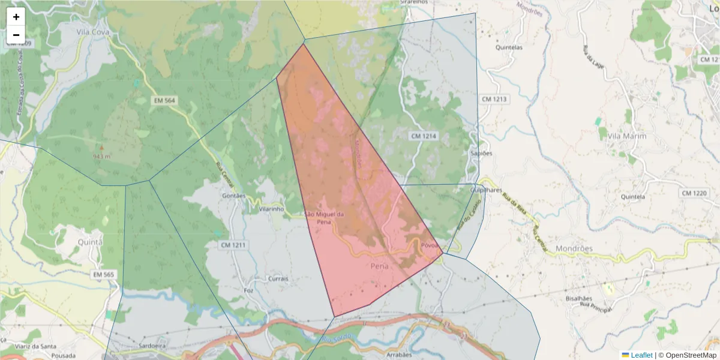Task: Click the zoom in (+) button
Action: [x=16, y=17]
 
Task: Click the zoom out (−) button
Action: [x=16, y=35]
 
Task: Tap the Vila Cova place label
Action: [x=91, y=31]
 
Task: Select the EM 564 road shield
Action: [x=163, y=100]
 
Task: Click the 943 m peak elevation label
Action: [x=101, y=156]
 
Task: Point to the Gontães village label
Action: [x=234, y=196]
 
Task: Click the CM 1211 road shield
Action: [x=233, y=245]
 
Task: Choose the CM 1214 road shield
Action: [x=424, y=136]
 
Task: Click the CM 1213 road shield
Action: [x=494, y=98]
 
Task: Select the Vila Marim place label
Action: [x=627, y=136]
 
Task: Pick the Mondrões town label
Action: [x=574, y=248]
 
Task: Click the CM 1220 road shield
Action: [x=694, y=193]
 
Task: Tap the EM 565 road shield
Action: [x=103, y=274]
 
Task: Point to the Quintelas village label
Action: [x=509, y=47]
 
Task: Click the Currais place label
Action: [x=278, y=279]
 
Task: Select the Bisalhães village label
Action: [x=579, y=298]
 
